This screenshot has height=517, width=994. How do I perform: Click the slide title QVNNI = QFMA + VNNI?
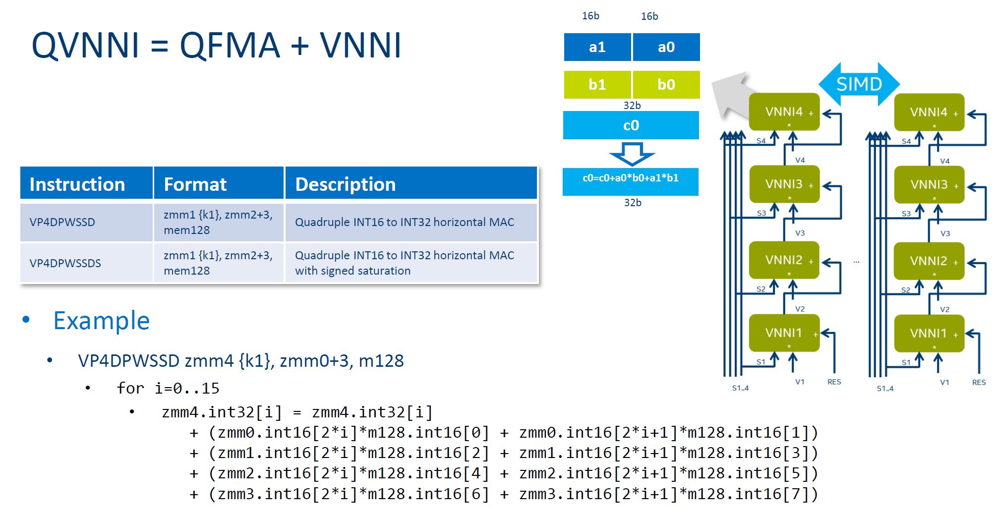(x=216, y=45)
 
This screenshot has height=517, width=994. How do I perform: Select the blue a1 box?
(x=597, y=47)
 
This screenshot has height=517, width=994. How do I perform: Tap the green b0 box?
(x=666, y=84)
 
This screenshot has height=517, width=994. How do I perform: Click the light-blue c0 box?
(x=631, y=125)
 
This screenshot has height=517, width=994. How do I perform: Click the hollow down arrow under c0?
(x=632, y=154)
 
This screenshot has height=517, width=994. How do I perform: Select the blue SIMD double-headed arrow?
(x=859, y=84)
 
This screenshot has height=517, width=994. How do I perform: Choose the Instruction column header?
(x=86, y=184)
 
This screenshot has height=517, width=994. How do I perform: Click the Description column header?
(x=411, y=184)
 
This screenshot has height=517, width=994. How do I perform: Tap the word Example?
(x=101, y=321)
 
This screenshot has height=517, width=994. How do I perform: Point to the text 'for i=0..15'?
(x=168, y=388)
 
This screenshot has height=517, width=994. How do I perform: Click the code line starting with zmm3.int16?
(x=504, y=494)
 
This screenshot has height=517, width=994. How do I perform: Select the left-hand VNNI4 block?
(x=784, y=112)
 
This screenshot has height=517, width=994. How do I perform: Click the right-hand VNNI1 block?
(x=929, y=333)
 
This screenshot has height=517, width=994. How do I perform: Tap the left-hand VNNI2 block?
(x=784, y=260)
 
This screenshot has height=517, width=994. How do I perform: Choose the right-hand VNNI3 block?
(x=929, y=185)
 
